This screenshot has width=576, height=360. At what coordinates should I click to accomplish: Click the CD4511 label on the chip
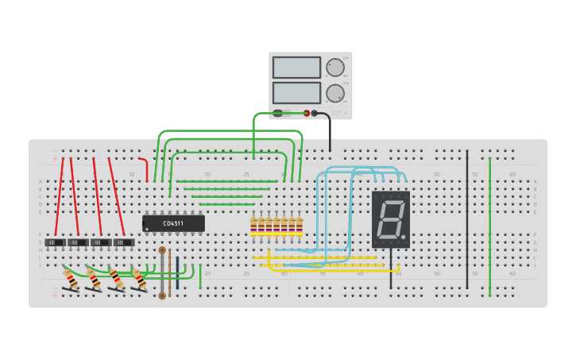(173, 223)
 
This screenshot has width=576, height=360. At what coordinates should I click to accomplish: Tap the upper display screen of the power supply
(296, 67)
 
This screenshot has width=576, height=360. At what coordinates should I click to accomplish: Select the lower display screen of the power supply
(296, 92)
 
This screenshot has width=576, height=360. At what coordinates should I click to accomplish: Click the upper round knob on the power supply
(335, 67)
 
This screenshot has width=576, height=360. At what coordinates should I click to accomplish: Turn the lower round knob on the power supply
(335, 93)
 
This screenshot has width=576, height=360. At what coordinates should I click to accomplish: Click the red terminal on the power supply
(307, 113)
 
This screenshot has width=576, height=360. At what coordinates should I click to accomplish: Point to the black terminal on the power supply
(315, 113)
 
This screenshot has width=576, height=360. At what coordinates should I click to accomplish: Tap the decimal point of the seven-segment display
(404, 238)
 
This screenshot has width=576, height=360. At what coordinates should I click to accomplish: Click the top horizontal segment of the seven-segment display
(392, 202)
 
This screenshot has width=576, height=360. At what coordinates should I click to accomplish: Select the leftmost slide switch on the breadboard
(55, 242)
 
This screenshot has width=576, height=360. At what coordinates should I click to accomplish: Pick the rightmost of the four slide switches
(124, 242)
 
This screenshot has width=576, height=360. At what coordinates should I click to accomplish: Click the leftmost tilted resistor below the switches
(71, 280)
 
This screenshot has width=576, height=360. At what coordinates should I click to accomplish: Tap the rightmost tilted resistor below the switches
(139, 280)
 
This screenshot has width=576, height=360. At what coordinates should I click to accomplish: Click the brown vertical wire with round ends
(162, 273)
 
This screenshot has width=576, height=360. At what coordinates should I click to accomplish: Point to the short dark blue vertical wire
(177, 268)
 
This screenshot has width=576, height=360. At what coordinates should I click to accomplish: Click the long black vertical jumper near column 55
(467, 219)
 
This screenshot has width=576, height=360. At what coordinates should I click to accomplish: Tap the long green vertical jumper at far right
(490, 226)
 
